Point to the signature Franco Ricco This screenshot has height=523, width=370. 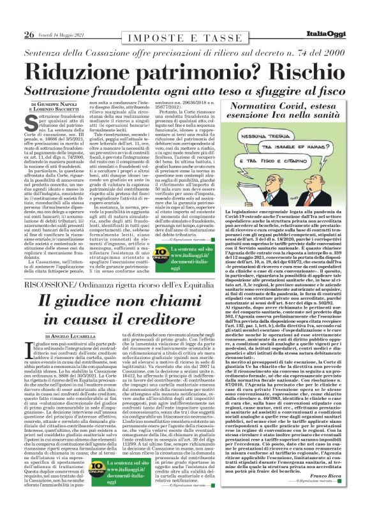(325, 493)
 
